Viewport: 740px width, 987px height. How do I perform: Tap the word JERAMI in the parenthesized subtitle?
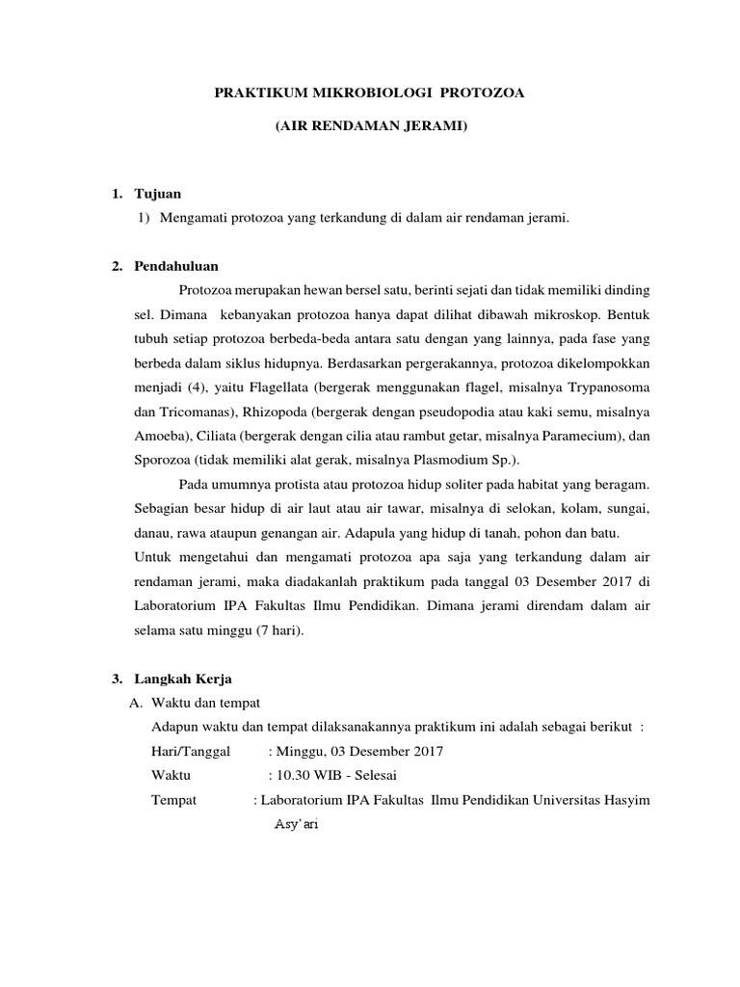tap(437, 126)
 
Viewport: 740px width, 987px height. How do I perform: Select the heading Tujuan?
tap(157, 195)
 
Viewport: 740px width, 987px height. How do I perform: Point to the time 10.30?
tap(290, 775)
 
